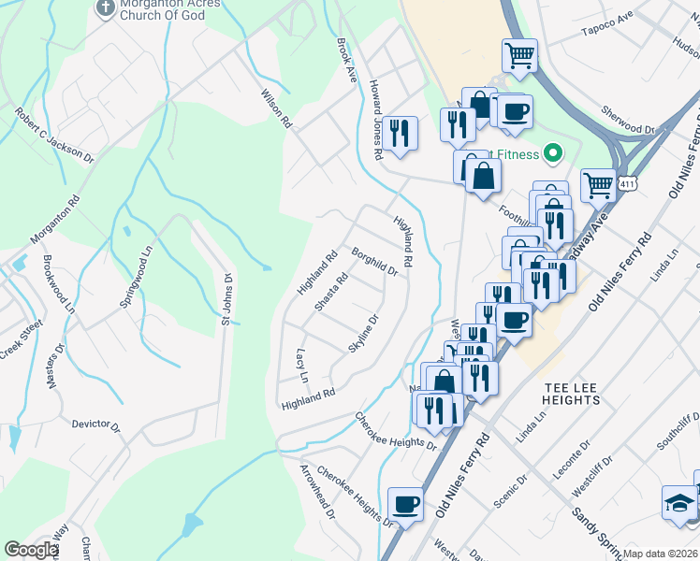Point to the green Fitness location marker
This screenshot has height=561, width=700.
[x=552, y=153]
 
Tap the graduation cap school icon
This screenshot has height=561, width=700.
[x=678, y=502]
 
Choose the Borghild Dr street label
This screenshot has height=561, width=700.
[x=375, y=262]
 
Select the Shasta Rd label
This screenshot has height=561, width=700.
[x=331, y=291]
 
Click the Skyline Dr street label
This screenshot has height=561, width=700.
[x=363, y=334]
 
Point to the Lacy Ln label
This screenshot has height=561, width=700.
[x=301, y=366]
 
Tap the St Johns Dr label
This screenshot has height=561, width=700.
[x=225, y=298]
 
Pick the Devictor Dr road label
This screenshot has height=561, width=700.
[x=96, y=425]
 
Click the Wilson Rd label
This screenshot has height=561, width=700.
[x=277, y=108]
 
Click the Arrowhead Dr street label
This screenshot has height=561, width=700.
[x=316, y=495]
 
